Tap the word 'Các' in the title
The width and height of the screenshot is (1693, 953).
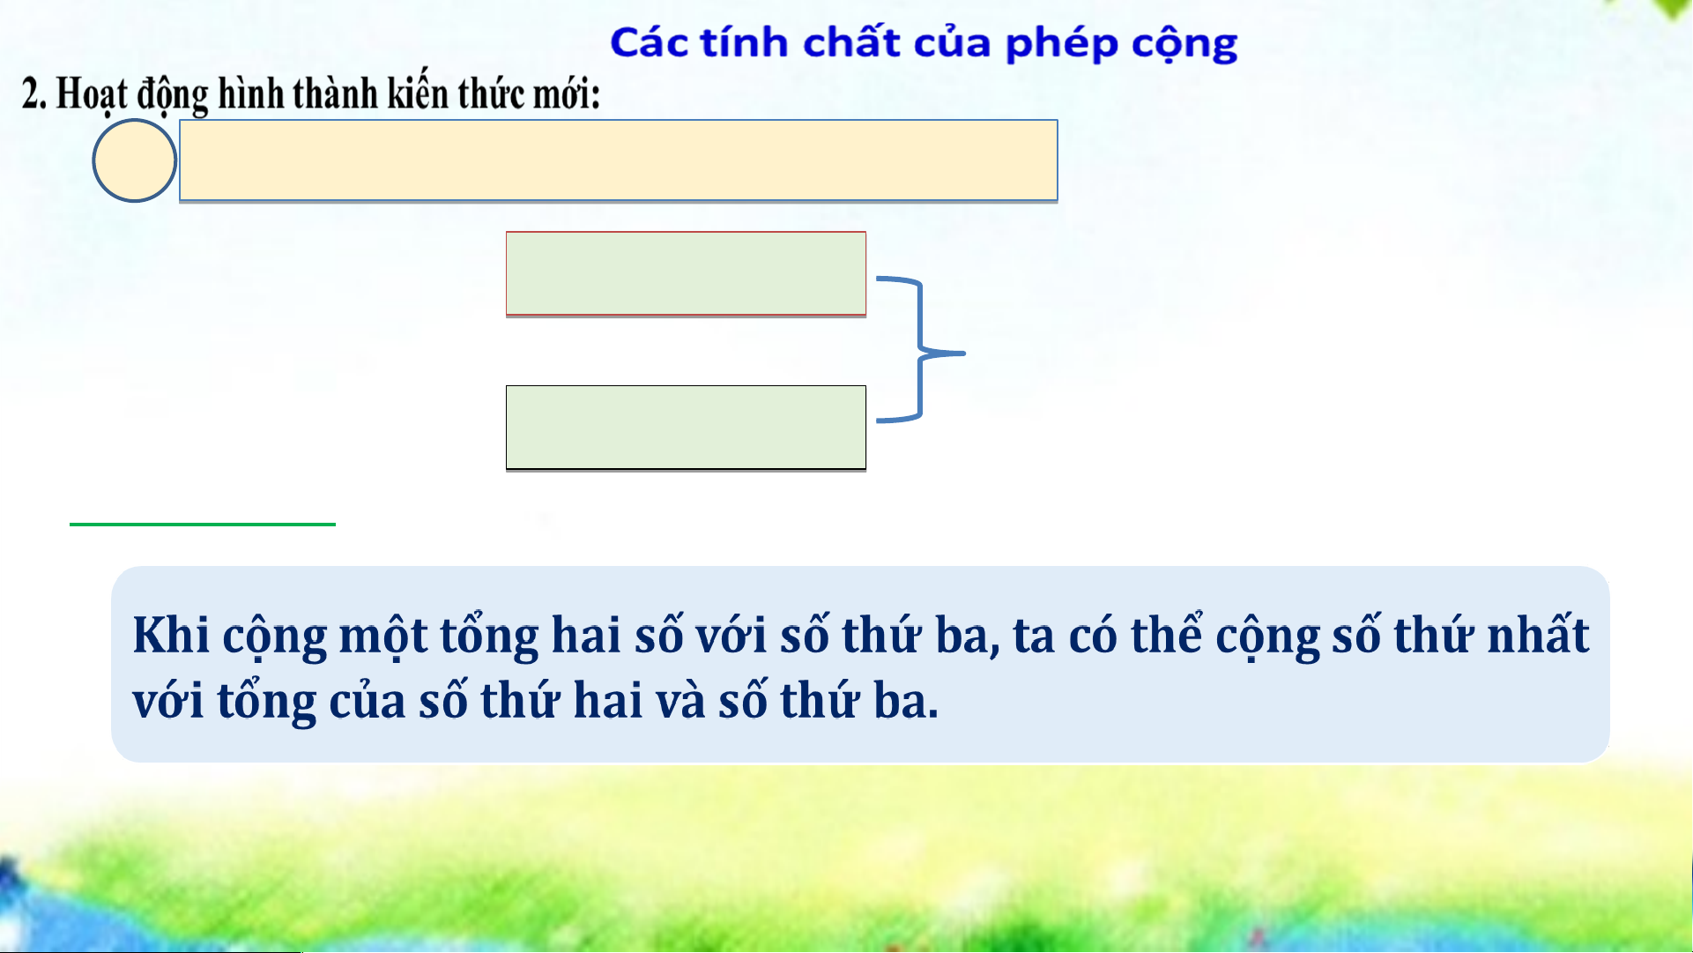pyautogui.click(x=649, y=42)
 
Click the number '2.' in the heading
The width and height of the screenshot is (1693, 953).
pyautogui.click(x=33, y=93)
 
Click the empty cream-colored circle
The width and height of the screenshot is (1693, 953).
pyautogui.click(x=135, y=160)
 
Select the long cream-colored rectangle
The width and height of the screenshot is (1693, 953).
pyautogui.click(x=618, y=160)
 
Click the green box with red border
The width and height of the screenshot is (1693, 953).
pyautogui.click(x=686, y=273)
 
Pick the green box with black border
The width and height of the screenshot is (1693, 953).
pyautogui.click(x=686, y=428)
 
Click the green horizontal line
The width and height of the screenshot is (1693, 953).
pyautogui.click(x=203, y=524)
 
